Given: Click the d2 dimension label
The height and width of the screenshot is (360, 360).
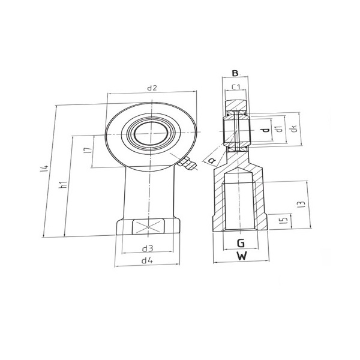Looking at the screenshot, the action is (152, 88).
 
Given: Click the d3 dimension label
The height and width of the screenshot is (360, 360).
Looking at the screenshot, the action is (148, 248).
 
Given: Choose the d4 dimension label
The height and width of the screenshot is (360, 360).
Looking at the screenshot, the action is (147, 260).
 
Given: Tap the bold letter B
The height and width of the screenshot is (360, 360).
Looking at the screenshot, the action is (235, 73).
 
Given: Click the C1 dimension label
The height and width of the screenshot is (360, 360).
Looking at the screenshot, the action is (236, 87).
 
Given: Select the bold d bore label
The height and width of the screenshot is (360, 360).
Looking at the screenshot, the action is (266, 130).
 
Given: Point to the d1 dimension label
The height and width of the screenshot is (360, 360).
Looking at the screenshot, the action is (279, 129).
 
